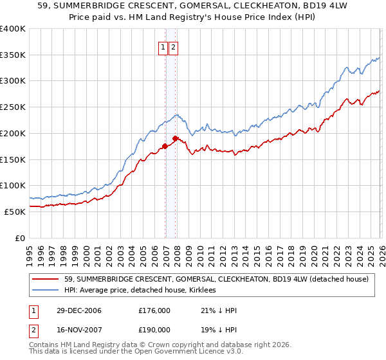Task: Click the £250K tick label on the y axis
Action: click(13, 107)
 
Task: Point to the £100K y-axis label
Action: click(13, 186)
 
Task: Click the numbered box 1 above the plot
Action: click(163, 46)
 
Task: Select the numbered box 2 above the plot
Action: click(174, 46)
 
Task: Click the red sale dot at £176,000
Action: click(165, 146)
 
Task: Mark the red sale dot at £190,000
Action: click(175, 138)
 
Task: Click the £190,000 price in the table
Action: click(154, 329)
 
